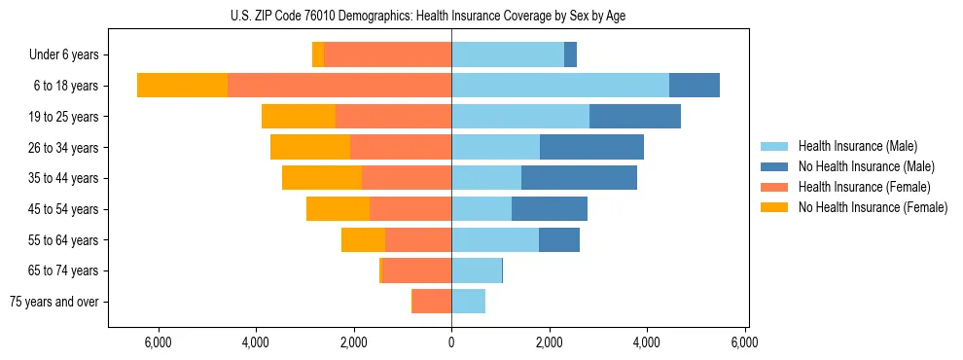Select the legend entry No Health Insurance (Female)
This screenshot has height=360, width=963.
point(873,207)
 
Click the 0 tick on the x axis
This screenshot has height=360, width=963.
point(451,342)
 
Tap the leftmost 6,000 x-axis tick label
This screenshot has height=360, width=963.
point(158,342)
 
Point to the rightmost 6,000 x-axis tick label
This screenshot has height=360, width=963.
point(745,342)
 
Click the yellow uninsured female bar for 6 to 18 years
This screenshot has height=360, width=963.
point(182,86)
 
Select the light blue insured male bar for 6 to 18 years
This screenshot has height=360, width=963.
point(560,86)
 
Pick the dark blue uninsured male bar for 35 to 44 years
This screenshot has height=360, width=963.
point(579,178)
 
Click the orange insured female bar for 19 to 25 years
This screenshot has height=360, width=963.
point(393,117)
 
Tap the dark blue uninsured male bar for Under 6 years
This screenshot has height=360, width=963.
point(570,54)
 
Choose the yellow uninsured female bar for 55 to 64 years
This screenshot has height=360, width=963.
point(363,239)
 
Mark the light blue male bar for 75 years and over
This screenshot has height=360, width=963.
point(468,302)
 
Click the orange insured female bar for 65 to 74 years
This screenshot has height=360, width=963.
point(417,270)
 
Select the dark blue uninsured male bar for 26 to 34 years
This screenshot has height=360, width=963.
point(591,147)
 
